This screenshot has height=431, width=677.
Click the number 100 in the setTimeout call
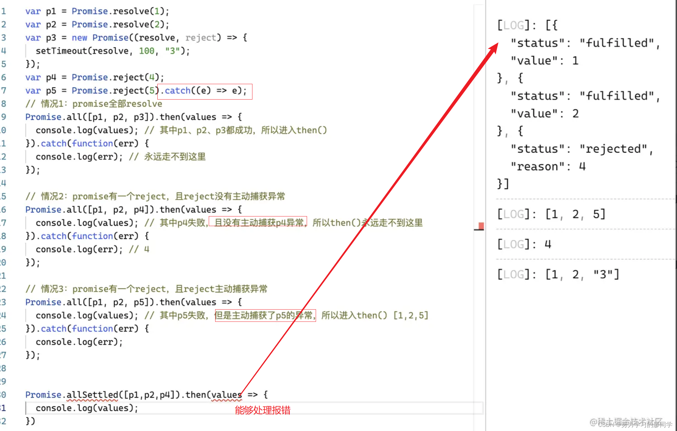[x=146, y=51]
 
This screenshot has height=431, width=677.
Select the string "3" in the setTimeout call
[x=172, y=51]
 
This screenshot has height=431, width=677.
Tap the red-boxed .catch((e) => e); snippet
[x=205, y=91]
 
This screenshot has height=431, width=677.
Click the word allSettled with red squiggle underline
[x=92, y=395]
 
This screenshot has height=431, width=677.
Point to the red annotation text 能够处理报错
[x=263, y=410]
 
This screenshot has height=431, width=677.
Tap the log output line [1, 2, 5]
[x=575, y=214]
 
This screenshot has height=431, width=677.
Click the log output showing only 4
[x=548, y=244]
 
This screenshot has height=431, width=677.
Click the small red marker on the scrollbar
[x=481, y=226]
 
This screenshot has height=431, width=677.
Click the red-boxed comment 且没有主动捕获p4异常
[x=258, y=223]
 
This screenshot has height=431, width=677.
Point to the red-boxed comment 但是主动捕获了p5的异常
[x=265, y=315]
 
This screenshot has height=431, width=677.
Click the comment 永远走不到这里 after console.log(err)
[x=175, y=157]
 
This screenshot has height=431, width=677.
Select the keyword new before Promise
[x=79, y=38]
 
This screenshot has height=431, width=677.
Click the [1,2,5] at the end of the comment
[x=411, y=315]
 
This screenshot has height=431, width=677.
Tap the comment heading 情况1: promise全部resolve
[x=101, y=104]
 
